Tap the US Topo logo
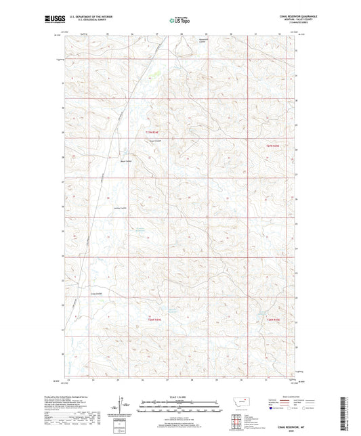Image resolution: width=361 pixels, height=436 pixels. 178,20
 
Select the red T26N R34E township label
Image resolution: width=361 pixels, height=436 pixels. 154,318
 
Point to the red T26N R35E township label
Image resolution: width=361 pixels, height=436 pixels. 272,318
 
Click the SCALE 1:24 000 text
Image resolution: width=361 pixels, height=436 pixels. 180,396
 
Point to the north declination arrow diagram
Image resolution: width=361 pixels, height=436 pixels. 125,406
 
